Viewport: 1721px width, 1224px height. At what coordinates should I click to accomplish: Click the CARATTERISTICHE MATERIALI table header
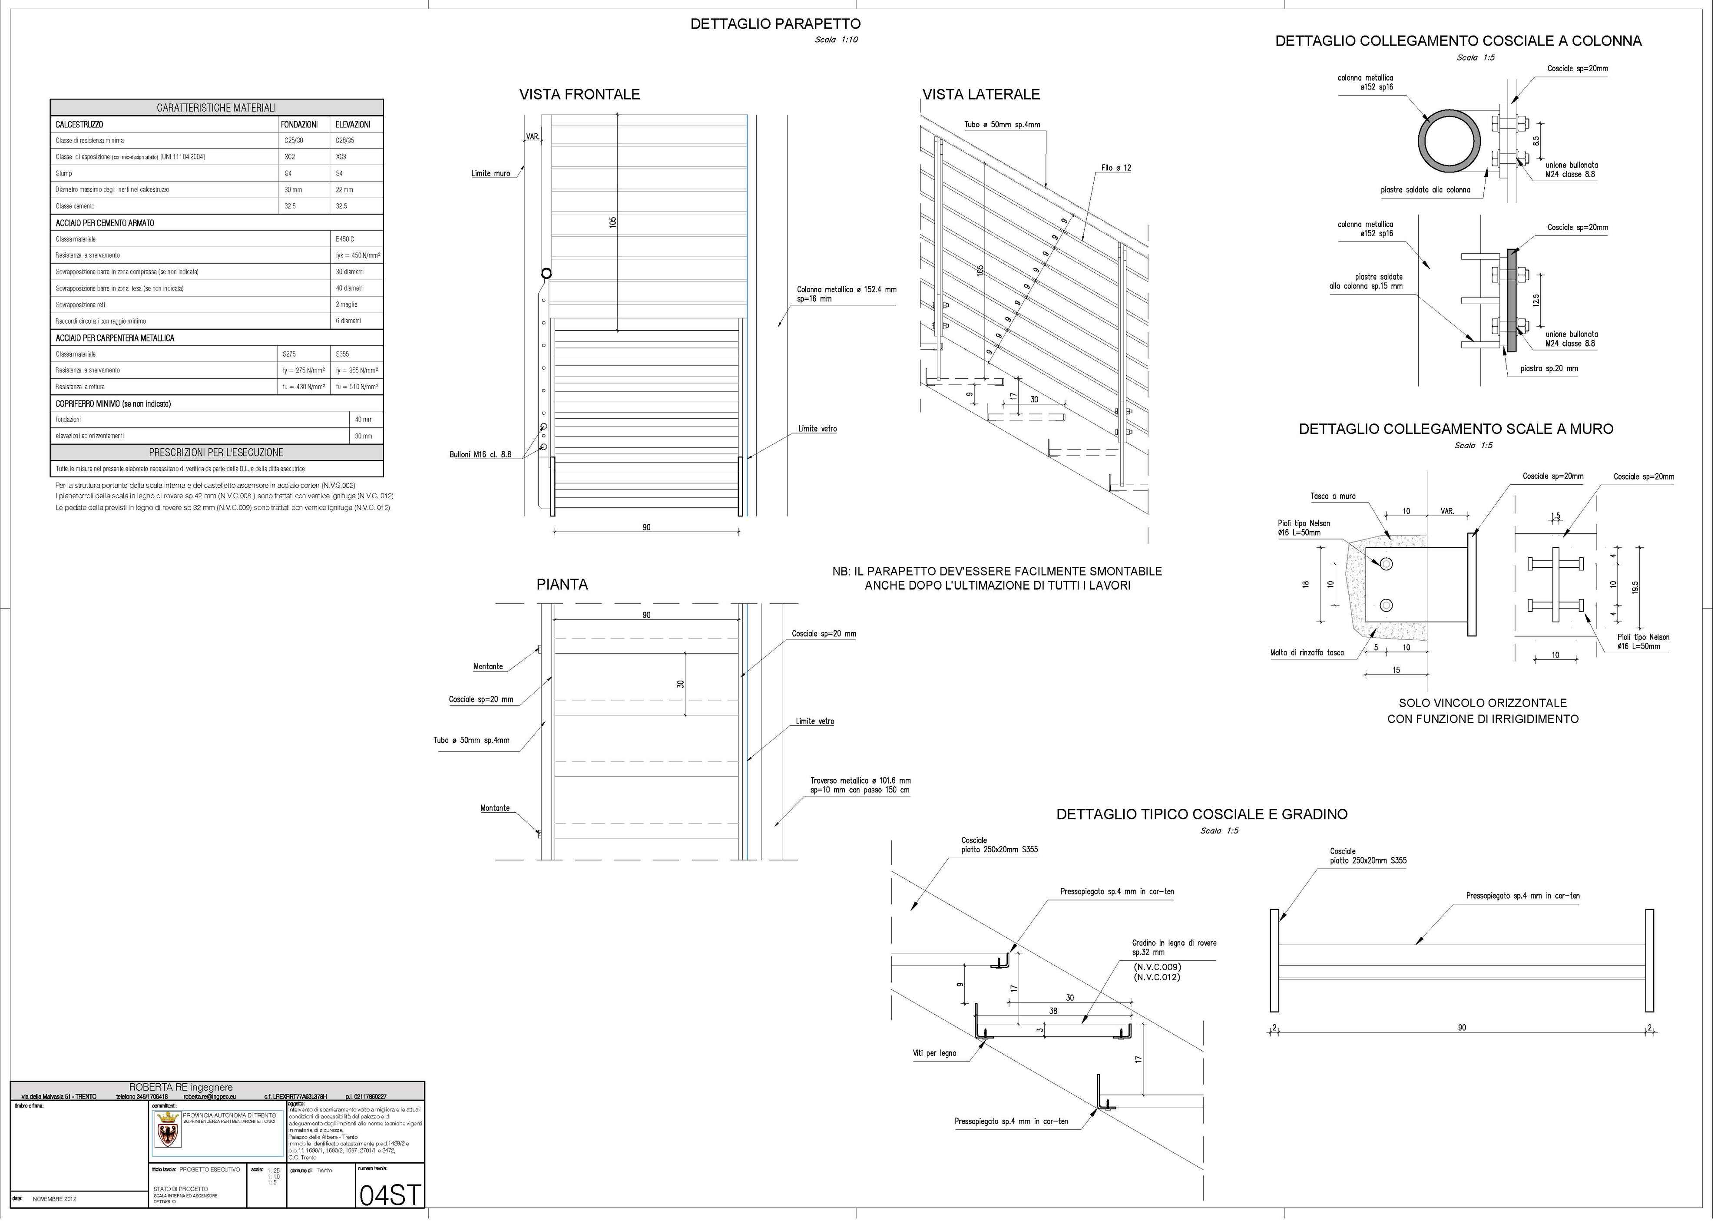216,108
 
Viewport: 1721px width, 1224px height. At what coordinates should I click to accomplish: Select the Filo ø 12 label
1115,168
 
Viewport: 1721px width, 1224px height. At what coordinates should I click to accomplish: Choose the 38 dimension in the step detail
1052,1011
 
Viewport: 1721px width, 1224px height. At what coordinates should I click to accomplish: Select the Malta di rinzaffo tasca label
1307,653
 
